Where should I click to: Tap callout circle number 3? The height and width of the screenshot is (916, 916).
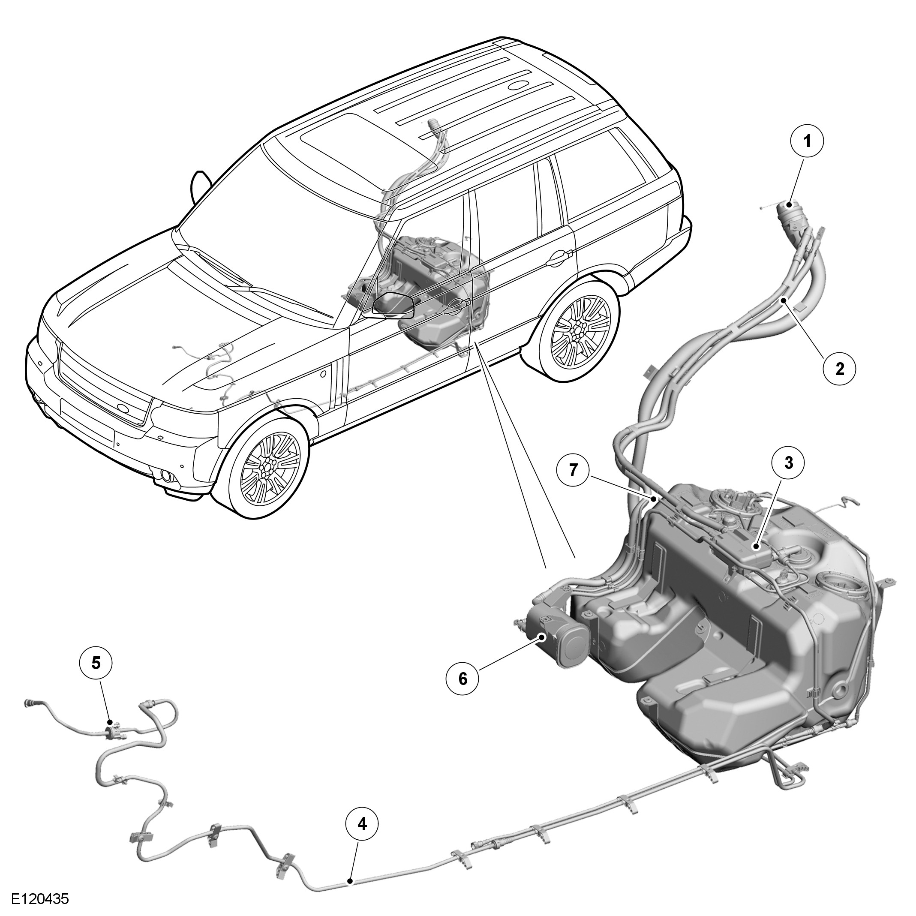click(x=788, y=463)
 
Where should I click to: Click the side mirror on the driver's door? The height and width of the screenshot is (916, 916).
click(x=393, y=305)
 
